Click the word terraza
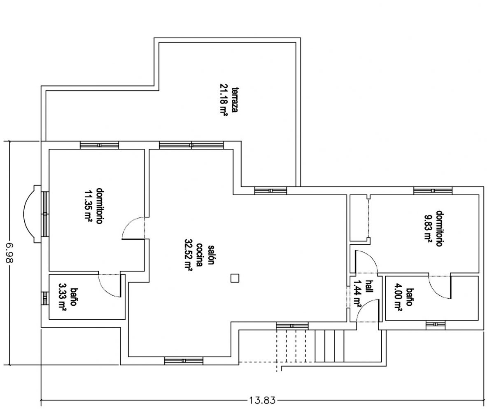pos(235,100)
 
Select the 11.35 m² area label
pos(88,206)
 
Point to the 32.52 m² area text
pos(188,255)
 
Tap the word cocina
pos(199,255)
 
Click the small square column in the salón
pos(235,278)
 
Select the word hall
pos(369,286)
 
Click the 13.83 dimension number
pos(262,400)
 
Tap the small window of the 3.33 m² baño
pos(45,298)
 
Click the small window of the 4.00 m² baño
pos(435,325)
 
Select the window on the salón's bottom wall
pos(184,361)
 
